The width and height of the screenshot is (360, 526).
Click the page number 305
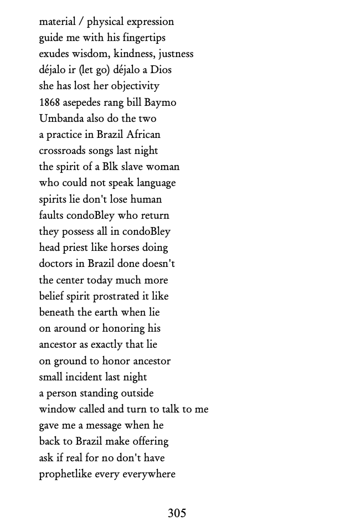click(x=177, y=513)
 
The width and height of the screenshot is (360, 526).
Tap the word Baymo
click(x=161, y=102)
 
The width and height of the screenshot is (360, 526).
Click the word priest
click(x=76, y=247)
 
